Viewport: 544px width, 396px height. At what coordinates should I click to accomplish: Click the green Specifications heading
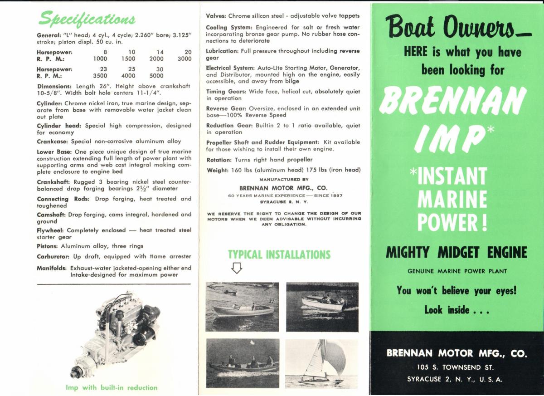[x=87, y=18]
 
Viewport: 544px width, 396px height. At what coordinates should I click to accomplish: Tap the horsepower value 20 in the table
[x=188, y=52]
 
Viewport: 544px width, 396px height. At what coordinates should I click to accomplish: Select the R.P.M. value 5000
[x=156, y=76]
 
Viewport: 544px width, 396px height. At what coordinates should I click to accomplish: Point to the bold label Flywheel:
[x=50, y=230]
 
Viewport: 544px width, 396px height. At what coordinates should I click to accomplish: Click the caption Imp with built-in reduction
[x=111, y=387]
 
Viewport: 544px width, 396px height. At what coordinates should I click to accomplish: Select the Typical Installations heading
[x=279, y=254]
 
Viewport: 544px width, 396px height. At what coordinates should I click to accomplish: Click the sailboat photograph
[x=322, y=363]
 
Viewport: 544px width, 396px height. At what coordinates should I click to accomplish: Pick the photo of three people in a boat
[x=243, y=363]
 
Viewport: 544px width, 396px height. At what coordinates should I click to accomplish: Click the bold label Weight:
[x=217, y=170]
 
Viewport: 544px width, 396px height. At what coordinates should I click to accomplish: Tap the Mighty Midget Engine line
[x=456, y=252]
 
